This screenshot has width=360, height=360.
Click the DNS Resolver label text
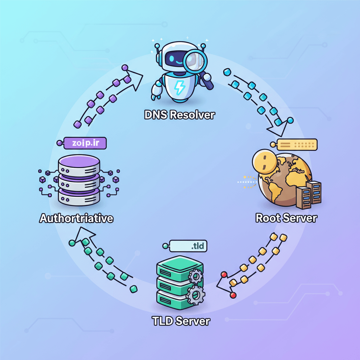(179, 115)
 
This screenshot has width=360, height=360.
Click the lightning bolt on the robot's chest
(179, 87)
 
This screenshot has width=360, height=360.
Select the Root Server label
(286, 218)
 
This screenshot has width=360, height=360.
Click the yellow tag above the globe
(297, 144)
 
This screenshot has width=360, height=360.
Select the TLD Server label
(181, 321)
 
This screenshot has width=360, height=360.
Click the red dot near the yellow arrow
(233, 295)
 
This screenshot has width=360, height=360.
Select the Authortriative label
(76, 218)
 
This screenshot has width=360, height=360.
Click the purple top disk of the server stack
(79, 163)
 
